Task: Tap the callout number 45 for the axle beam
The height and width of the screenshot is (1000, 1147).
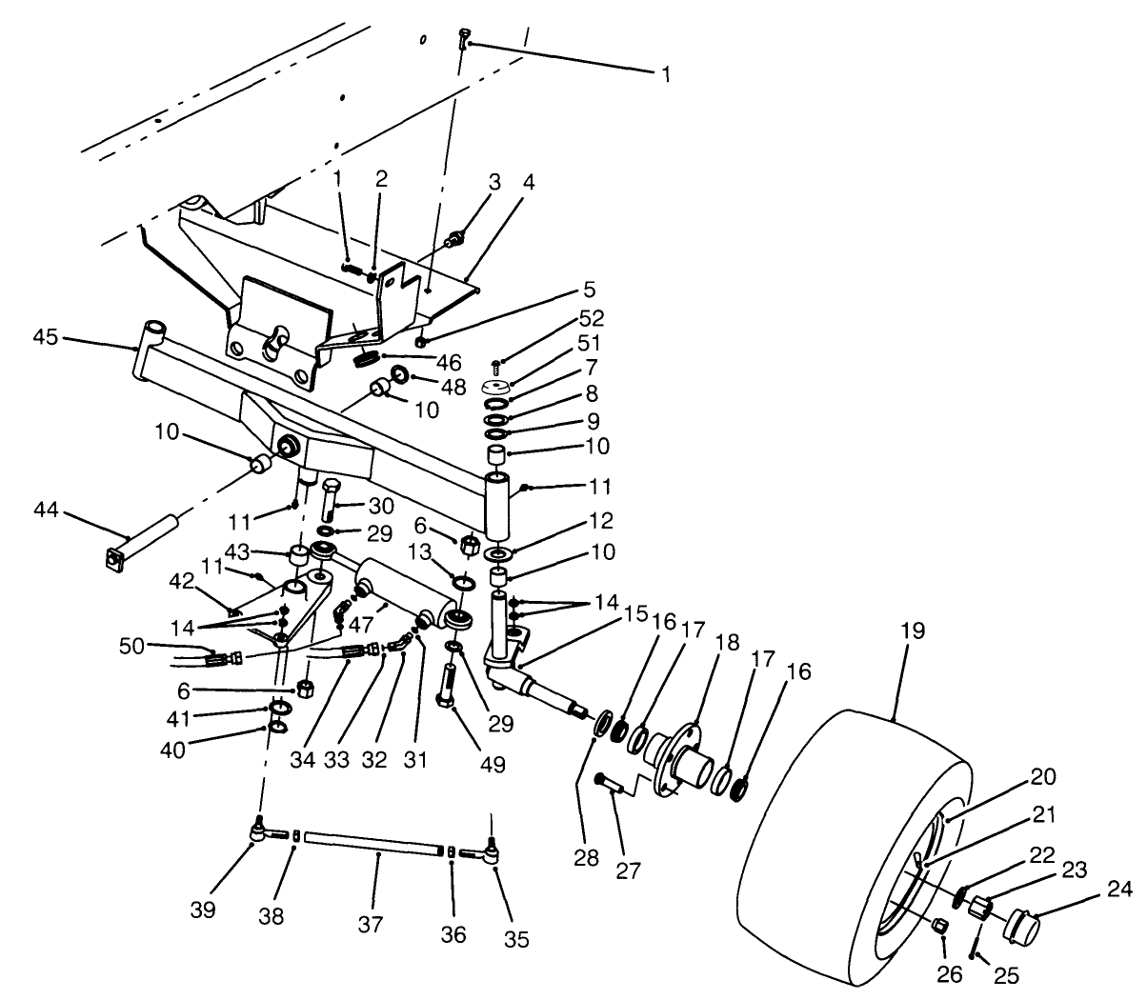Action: click(46, 336)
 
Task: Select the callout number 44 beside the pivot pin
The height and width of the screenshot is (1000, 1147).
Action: click(46, 511)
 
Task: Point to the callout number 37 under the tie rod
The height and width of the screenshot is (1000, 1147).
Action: click(370, 923)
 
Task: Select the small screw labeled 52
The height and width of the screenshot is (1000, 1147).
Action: click(497, 365)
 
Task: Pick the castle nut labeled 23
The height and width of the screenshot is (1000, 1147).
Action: click(978, 908)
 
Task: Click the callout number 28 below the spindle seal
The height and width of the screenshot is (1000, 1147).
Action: click(587, 857)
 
